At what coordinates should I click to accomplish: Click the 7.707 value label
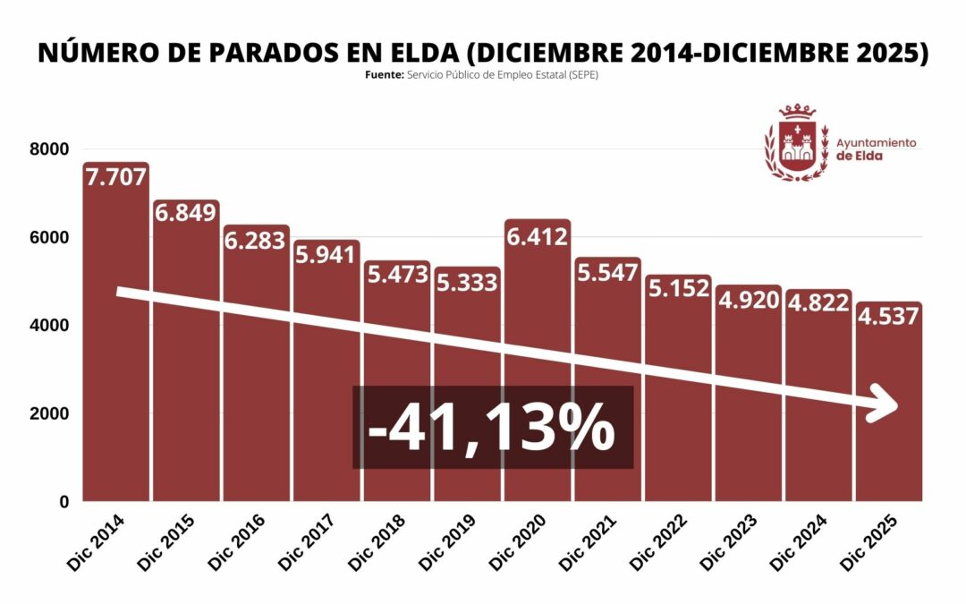[115, 177]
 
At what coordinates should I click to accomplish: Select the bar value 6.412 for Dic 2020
[537, 238]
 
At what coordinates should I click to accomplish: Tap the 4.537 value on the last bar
[888, 317]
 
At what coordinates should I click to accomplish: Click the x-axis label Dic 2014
[96, 542]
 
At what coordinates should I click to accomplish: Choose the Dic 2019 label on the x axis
[446, 542]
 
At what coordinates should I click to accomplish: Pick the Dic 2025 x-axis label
[868, 542]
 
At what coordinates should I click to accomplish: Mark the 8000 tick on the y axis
[51, 149]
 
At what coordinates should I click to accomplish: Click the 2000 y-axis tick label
[51, 414]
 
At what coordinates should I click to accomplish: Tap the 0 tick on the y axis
[64, 502]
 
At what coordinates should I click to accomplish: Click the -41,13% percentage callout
[492, 428]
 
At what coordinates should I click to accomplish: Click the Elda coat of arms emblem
[796, 143]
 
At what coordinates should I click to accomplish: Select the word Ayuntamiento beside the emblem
[876, 142]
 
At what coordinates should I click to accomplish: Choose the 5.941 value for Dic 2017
[326, 255]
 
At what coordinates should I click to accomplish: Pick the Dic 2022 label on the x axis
[657, 542]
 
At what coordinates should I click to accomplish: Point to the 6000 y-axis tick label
[51, 238]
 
